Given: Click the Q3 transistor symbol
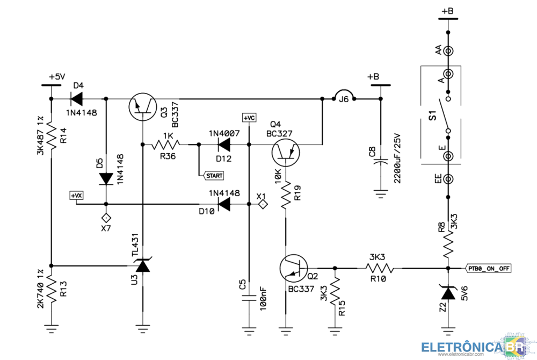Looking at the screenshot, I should (x=143, y=107).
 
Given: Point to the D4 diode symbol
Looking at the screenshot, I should (x=77, y=98).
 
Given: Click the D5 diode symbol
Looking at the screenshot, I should (x=106, y=178).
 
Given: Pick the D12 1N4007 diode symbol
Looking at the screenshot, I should (x=222, y=144).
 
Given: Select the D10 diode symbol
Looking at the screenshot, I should (x=222, y=204).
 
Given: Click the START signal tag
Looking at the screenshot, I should (x=213, y=176).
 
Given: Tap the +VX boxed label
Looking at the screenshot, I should (x=77, y=196).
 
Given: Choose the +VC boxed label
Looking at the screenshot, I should (x=249, y=118).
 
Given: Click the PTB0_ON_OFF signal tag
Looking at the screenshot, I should (x=488, y=268).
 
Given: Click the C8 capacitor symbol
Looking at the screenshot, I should (x=380, y=161).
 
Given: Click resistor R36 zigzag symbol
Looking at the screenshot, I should (x=166, y=144).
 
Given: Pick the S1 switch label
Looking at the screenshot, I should (x=432, y=115).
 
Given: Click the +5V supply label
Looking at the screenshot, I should (x=56, y=77).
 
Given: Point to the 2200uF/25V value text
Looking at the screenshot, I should (x=398, y=159).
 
